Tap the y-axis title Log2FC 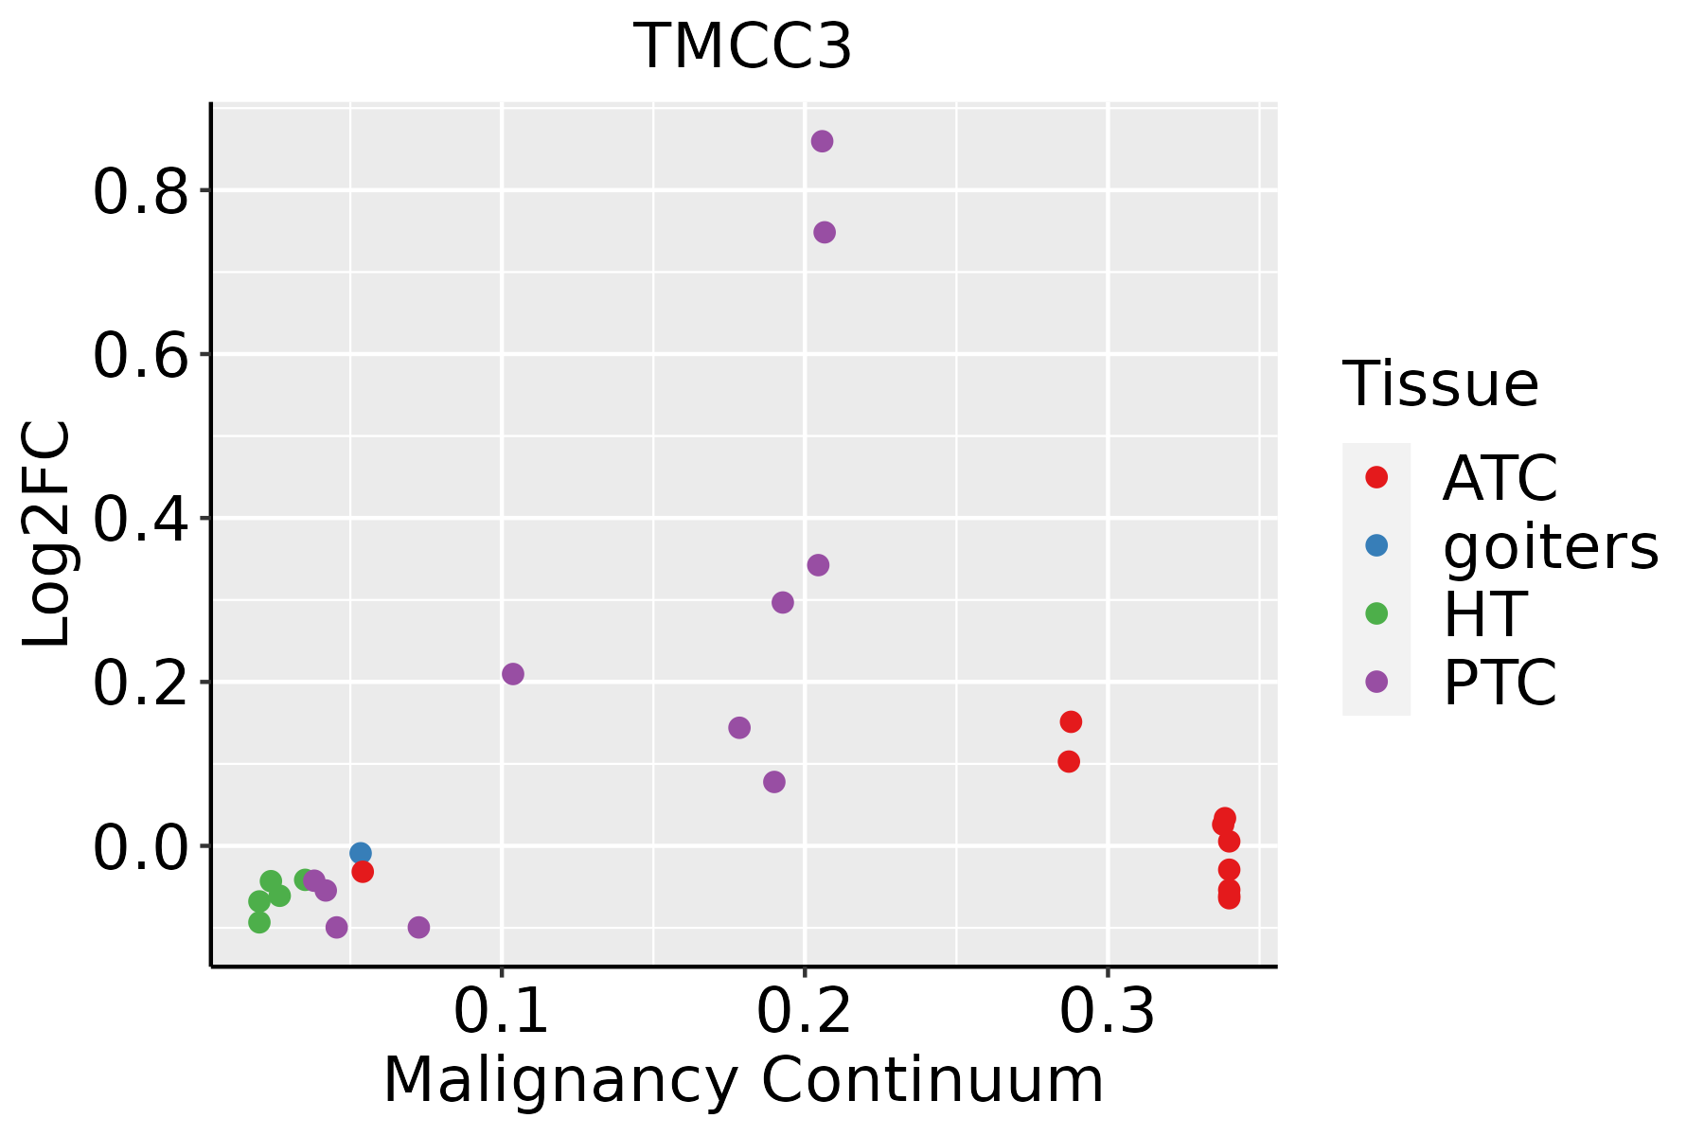click(47, 535)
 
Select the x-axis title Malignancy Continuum click(743, 1080)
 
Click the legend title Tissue click(1441, 384)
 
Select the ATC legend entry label click(1500, 478)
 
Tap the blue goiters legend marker click(1376, 545)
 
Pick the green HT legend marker click(1376, 613)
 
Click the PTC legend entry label click(1500, 683)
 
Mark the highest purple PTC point click(822, 141)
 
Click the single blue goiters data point click(361, 853)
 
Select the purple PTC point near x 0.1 click(513, 674)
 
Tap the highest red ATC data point click(1071, 722)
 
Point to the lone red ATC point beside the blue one click(363, 872)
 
